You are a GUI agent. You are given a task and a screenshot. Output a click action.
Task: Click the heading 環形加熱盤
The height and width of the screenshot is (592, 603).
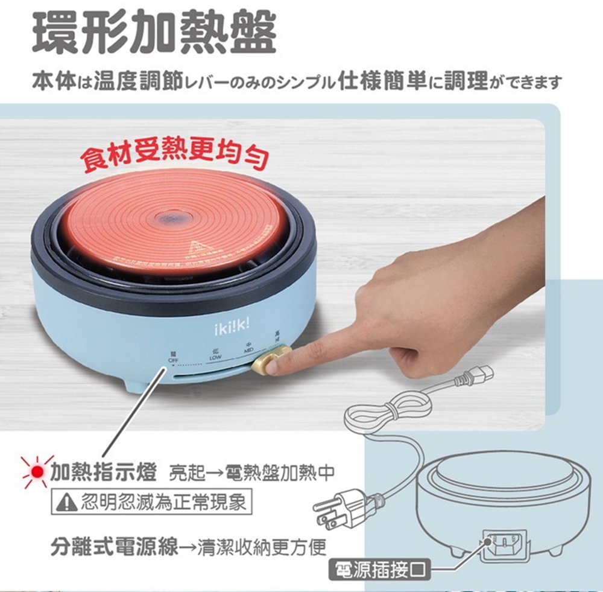[x=154, y=33]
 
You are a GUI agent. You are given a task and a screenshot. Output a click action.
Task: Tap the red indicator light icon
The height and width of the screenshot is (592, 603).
[x=37, y=471]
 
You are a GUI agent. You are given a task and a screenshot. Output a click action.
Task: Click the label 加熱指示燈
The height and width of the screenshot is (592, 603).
[x=104, y=471]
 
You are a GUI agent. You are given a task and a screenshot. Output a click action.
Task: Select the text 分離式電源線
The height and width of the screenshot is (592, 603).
[x=114, y=547]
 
